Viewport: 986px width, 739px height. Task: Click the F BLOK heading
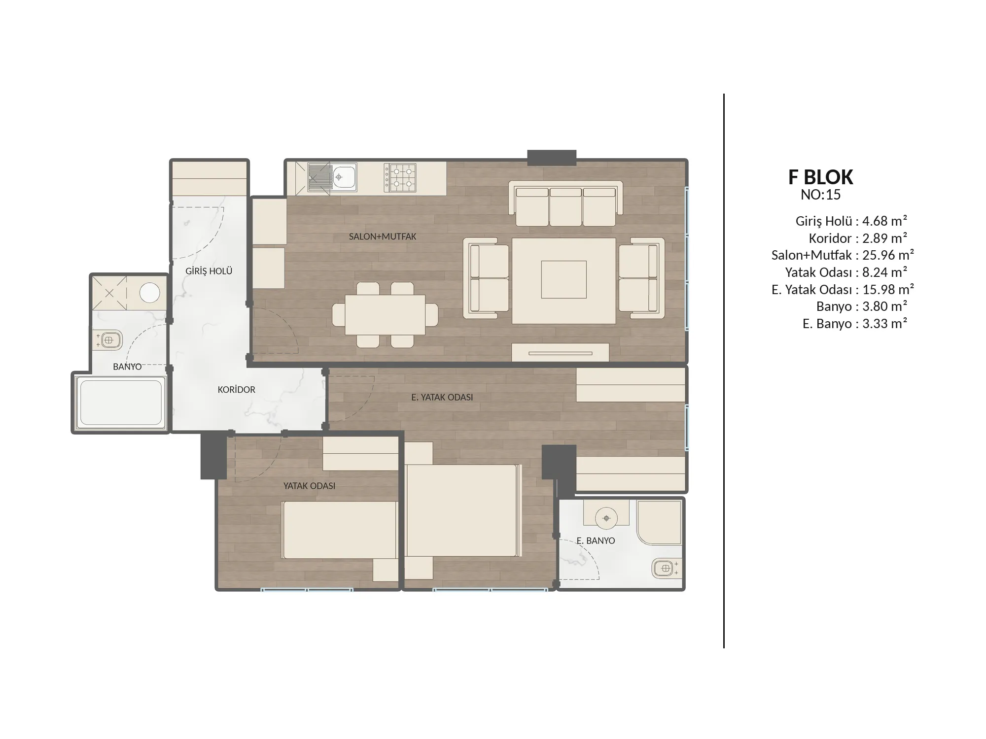pos(821,177)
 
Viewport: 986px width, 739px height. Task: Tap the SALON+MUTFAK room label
pos(383,236)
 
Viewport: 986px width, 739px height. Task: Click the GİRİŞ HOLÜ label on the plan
pos(209,271)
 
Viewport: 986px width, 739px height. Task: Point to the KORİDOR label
pos(237,390)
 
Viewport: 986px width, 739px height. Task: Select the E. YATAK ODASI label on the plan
pos(442,397)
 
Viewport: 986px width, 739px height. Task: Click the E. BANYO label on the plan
pos(596,540)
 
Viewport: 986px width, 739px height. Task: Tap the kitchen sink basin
pos(345,176)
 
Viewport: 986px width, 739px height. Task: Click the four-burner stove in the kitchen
pos(400,178)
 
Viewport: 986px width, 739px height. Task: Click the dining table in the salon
pos(385,315)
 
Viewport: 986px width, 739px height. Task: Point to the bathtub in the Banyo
pos(121,402)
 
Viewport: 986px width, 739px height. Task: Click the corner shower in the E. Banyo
pos(659,522)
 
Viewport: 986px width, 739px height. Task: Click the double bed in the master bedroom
pos(463,510)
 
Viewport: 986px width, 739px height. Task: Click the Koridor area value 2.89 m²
pos(884,238)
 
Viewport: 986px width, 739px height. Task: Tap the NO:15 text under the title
pos(820,195)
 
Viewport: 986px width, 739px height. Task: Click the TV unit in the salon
pos(561,352)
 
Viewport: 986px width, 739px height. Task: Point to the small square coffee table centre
pos(564,280)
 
